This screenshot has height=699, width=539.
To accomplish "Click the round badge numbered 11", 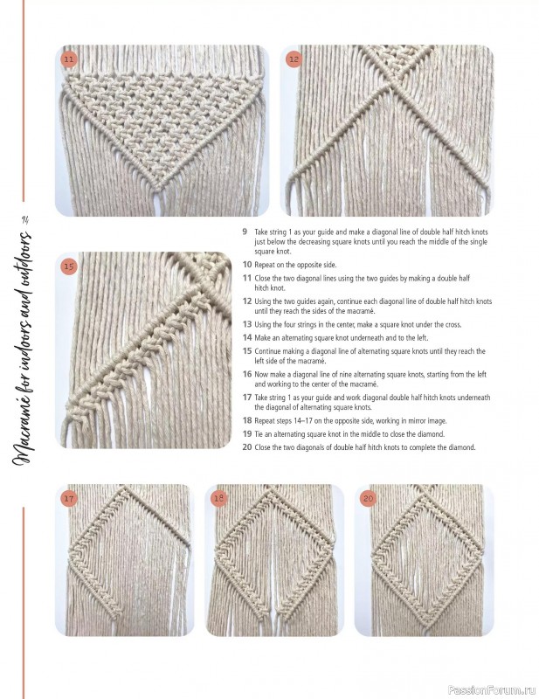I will pyautogui.click(x=70, y=59).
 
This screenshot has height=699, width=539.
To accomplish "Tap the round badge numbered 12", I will pyautogui.click(x=294, y=59).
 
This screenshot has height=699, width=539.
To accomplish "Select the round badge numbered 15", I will pyautogui.click(x=70, y=266).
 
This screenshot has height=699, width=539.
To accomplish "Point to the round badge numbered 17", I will pyautogui.click(x=70, y=498).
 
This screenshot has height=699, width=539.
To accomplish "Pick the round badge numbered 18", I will pyautogui.click(x=219, y=498).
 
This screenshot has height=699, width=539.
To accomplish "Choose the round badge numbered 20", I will pyautogui.click(x=368, y=498).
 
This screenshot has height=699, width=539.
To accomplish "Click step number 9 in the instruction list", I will pyautogui.click(x=245, y=232).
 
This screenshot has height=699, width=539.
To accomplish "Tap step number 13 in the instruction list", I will pyautogui.click(x=246, y=324).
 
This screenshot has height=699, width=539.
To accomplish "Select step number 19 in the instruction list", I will pyautogui.click(x=246, y=434).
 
